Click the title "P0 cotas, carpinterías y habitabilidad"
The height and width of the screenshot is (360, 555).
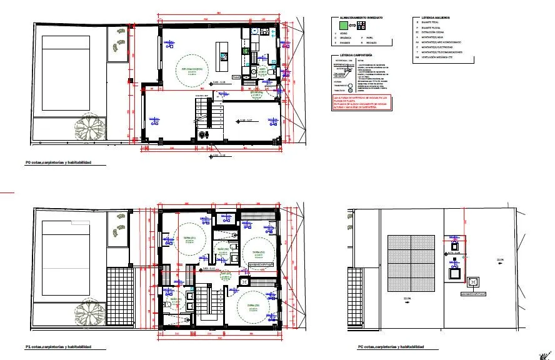click(x=57, y=162)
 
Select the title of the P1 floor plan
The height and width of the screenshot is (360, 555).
click(x=58, y=346)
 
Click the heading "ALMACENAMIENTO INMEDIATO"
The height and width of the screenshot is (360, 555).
click(x=361, y=18)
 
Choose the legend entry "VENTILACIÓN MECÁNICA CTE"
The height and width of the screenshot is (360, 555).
click(x=445, y=57)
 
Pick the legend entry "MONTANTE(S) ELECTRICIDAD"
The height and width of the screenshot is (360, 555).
click(x=441, y=46)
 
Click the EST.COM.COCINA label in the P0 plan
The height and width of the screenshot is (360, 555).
click(x=192, y=69)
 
